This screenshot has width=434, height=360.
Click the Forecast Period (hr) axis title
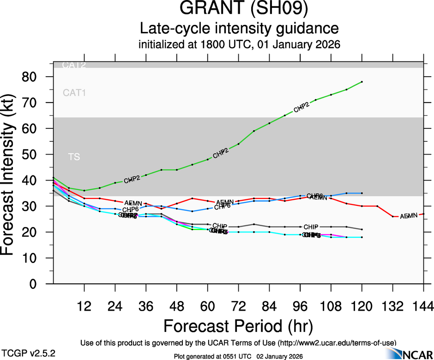pyautogui.click(x=238, y=326)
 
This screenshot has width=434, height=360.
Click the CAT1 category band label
pyautogui.click(x=74, y=93)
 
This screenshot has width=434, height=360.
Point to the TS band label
pyautogui.click(x=74, y=157)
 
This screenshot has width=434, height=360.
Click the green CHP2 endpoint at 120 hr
pyautogui.click(x=362, y=82)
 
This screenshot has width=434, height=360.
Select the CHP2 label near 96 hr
pyautogui.click(x=301, y=108)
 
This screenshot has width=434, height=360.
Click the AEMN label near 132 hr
pyautogui.click(x=408, y=216)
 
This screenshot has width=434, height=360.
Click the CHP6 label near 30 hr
pyautogui.click(x=131, y=210)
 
